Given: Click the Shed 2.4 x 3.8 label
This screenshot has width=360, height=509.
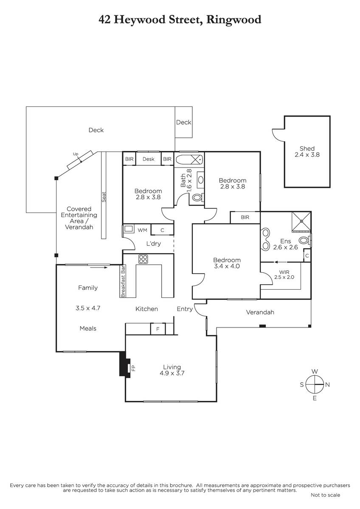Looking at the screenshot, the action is pyautogui.click(x=307, y=151).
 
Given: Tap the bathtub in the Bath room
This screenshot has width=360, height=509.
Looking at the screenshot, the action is pyautogui.click(x=189, y=159).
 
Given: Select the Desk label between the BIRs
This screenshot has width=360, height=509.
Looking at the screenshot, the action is pyautogui.click(x=148, y=159).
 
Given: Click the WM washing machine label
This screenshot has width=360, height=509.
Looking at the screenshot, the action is pyautogui.click(x=142, y=230).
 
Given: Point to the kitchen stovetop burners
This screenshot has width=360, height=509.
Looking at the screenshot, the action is pyautogui.click(x=143, y=259).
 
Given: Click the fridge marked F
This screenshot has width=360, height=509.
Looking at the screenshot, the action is pyautogui.click(x=158, y=329).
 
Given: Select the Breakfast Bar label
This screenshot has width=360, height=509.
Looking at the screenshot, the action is pyautogui.click(x=123, y=281).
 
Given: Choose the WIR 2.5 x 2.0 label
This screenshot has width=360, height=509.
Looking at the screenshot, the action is pyautogui.click(x=284, y=274).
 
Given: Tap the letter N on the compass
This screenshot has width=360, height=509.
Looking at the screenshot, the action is pyautogui.click(x=327, y=385).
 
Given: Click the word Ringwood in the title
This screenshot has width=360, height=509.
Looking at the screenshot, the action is pyautogui.click(x=233, y=20).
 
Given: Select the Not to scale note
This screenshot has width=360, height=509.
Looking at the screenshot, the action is pyautogui.click(x=325, y=495).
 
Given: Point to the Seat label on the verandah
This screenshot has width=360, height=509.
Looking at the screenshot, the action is pyautogui.click(x=104, y=197).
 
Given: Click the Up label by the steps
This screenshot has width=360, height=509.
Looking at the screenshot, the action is pyautogui.click(x=76, y=154).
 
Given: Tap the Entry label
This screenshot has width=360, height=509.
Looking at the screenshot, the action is pyautogui.click(x=185, y=309).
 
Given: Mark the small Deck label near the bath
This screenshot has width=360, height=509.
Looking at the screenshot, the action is pyautogui.click(x=183, y=122).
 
